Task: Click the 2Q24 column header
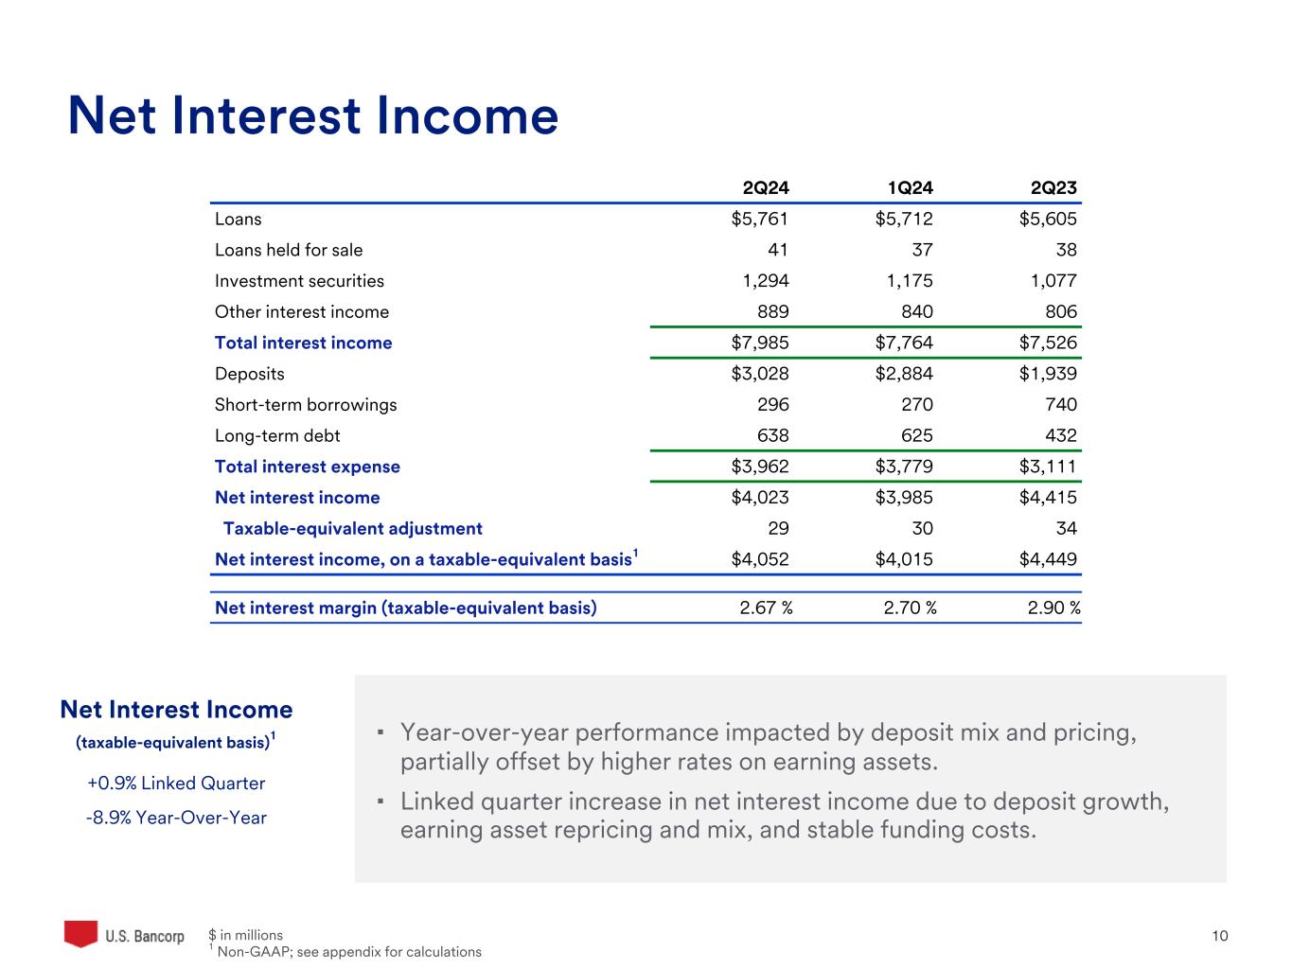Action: (x=765, y=188)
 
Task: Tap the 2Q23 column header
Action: (x=1053, y=188)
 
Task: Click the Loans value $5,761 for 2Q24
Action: (x=760, y=220)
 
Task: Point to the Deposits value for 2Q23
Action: (x=1048, y=374)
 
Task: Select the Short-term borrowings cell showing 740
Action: (x=1061, y=405)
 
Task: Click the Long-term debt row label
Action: (x=277, y=436)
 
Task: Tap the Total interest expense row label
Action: (x=307, y=467)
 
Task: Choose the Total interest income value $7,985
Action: (x=760, y=343)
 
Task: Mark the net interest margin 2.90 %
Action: (x=1053, y=608)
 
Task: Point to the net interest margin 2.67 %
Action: (x=766, y=608)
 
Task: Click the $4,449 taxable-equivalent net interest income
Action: (x=1048, y=559)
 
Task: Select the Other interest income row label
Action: (x=301, y=312)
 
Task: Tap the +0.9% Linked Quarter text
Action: (x=176, y=784)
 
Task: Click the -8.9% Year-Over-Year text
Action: (x=176, y=818)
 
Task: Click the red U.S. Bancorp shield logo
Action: (x=80, y=934)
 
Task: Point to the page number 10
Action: (x=1220, y=936)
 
